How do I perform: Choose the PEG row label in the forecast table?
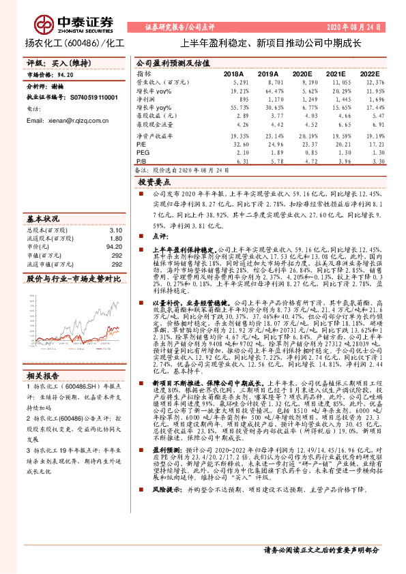coord(141,153)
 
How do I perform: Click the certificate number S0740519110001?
coord(94,97)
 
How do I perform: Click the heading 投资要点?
coord(154,183)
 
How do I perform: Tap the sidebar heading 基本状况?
coord(43,220)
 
